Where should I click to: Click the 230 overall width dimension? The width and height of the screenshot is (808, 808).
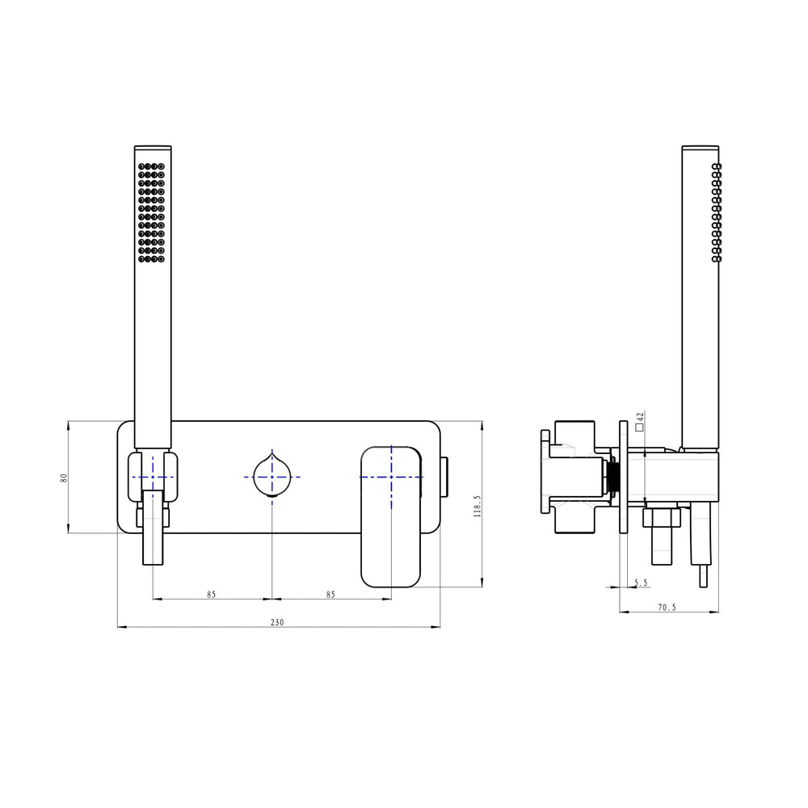point(277,622)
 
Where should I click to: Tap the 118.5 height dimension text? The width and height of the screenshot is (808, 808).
point(477,506)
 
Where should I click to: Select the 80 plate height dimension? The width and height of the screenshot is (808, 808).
point(64,478)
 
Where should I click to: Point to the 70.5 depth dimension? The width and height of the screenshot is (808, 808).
point(667,607)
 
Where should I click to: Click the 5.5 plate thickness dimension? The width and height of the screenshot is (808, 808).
point(641,583)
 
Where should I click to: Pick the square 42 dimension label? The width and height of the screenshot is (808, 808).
point(640,422)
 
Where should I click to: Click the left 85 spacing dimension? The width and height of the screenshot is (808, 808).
point(211,594)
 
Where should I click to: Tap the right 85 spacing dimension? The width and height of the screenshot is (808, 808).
point(330,594)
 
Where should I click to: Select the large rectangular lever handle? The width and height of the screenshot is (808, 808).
point(391,517)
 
